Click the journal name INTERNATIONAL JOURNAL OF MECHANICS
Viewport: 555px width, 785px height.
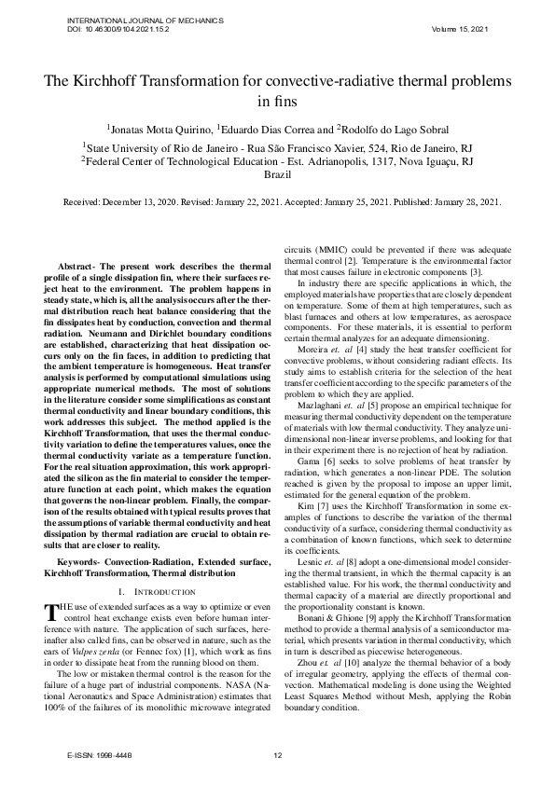[x=132, y=20]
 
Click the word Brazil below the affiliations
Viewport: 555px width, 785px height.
[x=278, y=174]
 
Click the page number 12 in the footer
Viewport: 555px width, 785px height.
[x=277, y=754]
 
